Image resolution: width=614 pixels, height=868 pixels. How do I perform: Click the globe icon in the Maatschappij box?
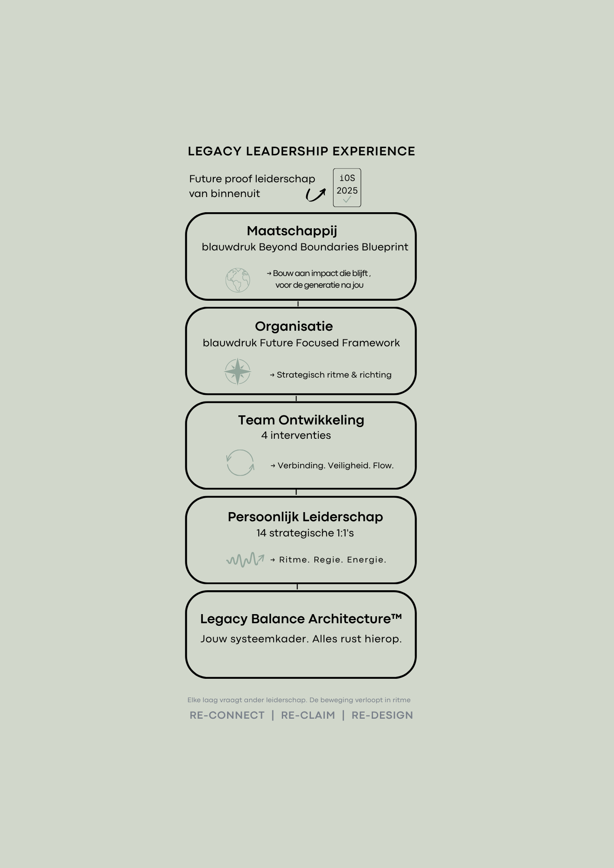pyautogui.click(x=238, y=280)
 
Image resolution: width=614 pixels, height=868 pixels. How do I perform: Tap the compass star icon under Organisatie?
pyautogui.click(x=238, y=372)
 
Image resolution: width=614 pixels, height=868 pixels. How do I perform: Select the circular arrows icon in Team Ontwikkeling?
pyautogui.click(x=240, y=463)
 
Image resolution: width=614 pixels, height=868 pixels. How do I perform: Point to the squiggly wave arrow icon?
pyautogui.click(x=245, y=559)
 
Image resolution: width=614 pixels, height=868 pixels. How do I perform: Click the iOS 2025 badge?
pyautogui.click(x=347, y=187)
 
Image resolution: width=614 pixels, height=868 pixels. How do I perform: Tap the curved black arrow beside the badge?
pyautogui.click(x=316, y=195)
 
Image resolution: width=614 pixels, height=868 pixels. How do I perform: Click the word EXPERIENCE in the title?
pyautogui.click(x=373, y=151)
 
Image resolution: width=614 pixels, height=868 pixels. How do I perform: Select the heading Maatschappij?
pyautogui.click(x=292, y=231)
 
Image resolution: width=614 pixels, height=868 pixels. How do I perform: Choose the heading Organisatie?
pyautogui.click(x=294, y=326)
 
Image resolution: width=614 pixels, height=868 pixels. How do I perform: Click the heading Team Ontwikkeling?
pyautogui.click(x=301, y=420)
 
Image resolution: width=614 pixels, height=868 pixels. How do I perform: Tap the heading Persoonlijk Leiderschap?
pyautogui.click(x=305, y=517)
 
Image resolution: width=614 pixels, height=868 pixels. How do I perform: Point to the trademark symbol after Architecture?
pyautogui.click(x=396, y=616)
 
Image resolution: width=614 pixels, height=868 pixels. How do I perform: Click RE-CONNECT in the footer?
pyautogui.click(x=227, y=715)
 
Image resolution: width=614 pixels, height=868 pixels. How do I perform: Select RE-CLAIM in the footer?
pyautogui.click(x=308, y=715)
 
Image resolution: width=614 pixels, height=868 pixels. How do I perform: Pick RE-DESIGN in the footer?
pyautogui.click(x=382, y=715)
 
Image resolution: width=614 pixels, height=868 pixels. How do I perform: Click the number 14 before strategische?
pyautogui.click(x=261, y=533)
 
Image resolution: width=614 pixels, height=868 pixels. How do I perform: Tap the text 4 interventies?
pyautogui.click(x=296, y=435)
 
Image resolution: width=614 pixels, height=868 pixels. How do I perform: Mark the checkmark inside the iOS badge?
pyautogui.click(x=347, y=200)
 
